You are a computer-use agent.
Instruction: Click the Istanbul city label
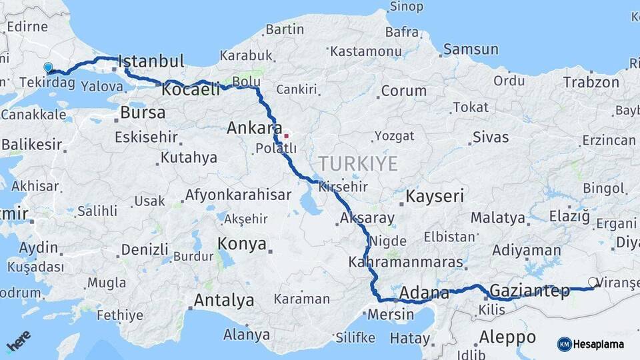coord(151,61)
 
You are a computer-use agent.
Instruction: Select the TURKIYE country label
coord(358,163)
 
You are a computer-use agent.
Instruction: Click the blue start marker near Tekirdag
coord(48,67)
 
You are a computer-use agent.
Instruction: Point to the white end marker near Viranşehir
coord(592,282)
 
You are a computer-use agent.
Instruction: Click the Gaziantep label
coord(529,291)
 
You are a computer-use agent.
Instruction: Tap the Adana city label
coord(425,293)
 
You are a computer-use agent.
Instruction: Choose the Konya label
coord(242,243)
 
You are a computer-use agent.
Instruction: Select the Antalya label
coord(223,301)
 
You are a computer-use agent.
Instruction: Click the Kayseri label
coord(435,197)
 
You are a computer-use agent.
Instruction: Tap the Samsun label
coord(471,49)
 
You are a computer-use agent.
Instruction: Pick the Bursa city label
coord(143,112)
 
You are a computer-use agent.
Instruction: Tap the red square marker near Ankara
coord(286,136)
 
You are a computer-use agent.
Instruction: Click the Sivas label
coord(491,137)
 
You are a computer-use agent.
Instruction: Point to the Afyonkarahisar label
coord(238,195)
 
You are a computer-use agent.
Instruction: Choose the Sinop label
coord(405,7)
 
